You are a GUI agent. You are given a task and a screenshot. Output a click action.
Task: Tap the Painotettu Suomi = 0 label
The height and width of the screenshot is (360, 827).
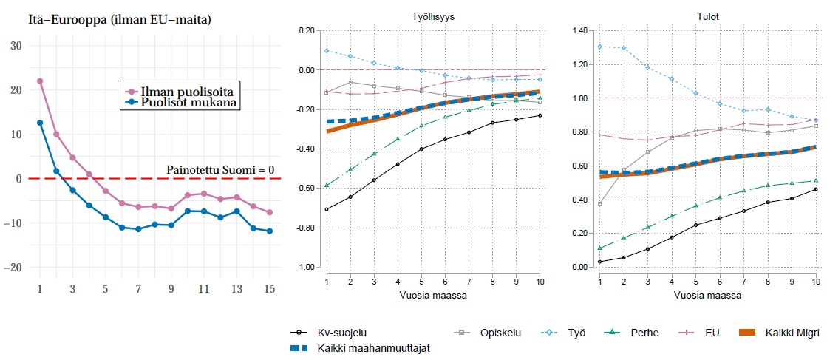[221, 170]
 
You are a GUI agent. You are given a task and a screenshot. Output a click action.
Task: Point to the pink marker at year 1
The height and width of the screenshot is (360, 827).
[40, 81]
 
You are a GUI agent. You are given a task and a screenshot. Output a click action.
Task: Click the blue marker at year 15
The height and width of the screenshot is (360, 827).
[270, 231]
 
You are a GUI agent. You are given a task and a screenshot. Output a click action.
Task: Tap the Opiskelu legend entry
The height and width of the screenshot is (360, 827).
[500, 333]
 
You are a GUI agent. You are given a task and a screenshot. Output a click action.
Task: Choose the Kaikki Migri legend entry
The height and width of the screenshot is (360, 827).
[791, 333]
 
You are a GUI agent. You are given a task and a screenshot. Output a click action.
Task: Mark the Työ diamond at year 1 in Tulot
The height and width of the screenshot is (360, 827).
[599, 47]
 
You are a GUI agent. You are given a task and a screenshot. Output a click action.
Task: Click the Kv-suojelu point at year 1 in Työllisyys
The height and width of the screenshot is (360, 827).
[326, 209]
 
